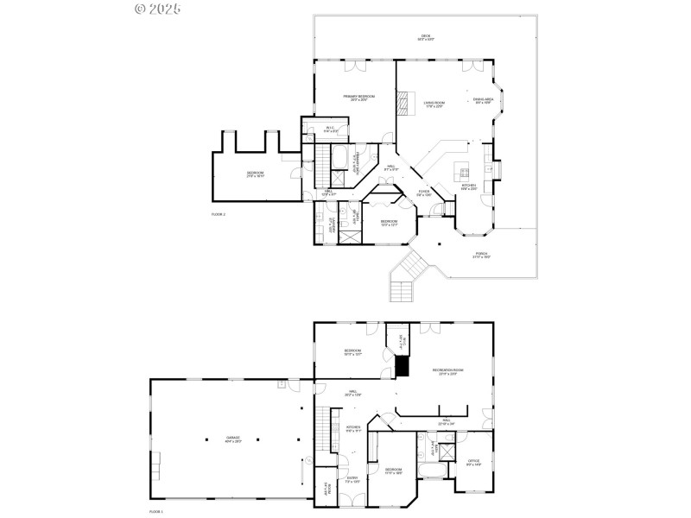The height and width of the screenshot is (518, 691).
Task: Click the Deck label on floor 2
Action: pyautogui.click(x=427, y=37)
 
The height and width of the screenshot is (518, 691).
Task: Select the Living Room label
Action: pyautogui.click(x=434, y=104)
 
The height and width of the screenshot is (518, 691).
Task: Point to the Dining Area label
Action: pyautogui.click(x=483, y=101)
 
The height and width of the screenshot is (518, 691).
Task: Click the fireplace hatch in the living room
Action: pyautogui.click(x=402, y=104)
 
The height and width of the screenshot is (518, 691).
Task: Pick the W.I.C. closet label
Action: pyautogui.click(x=330, y=129)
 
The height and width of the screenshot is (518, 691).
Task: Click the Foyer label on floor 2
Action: pyautogui.click(x=424, y=193)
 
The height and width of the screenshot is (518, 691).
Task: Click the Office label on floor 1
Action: pyautogui.click(x=473, y=463)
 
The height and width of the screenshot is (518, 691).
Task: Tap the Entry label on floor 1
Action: pyautogui.click(x=352, y=479)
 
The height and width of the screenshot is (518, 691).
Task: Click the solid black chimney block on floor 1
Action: pyautogui.click(x=402, y=367)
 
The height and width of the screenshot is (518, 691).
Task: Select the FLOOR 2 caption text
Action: pyautogui.click(x=219, y=213)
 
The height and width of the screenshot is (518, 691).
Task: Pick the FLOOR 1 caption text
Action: pyautogui.click(x=156, y=511)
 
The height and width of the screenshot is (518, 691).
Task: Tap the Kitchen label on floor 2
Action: pyautogui.click(x=467, y=186)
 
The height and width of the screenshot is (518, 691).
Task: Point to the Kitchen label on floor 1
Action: pyautogui.click(x=352, y=429)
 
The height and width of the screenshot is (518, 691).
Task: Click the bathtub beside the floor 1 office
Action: pyautogui.click(x=431, y=471)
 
